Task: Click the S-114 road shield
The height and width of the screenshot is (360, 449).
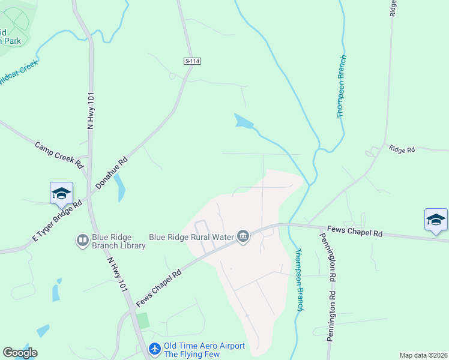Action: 191,61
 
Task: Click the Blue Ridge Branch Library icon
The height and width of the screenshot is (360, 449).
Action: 83,241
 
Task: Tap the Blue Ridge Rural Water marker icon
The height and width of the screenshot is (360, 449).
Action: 243,237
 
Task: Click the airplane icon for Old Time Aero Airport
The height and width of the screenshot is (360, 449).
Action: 155,348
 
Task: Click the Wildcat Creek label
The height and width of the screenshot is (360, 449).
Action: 18,73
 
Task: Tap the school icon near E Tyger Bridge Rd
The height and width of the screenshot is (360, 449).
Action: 61,193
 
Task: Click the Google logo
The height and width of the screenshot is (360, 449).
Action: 20,353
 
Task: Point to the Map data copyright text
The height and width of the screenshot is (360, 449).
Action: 423,355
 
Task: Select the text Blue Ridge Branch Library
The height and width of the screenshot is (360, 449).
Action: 119,241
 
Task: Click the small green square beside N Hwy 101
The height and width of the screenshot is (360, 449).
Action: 143,320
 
